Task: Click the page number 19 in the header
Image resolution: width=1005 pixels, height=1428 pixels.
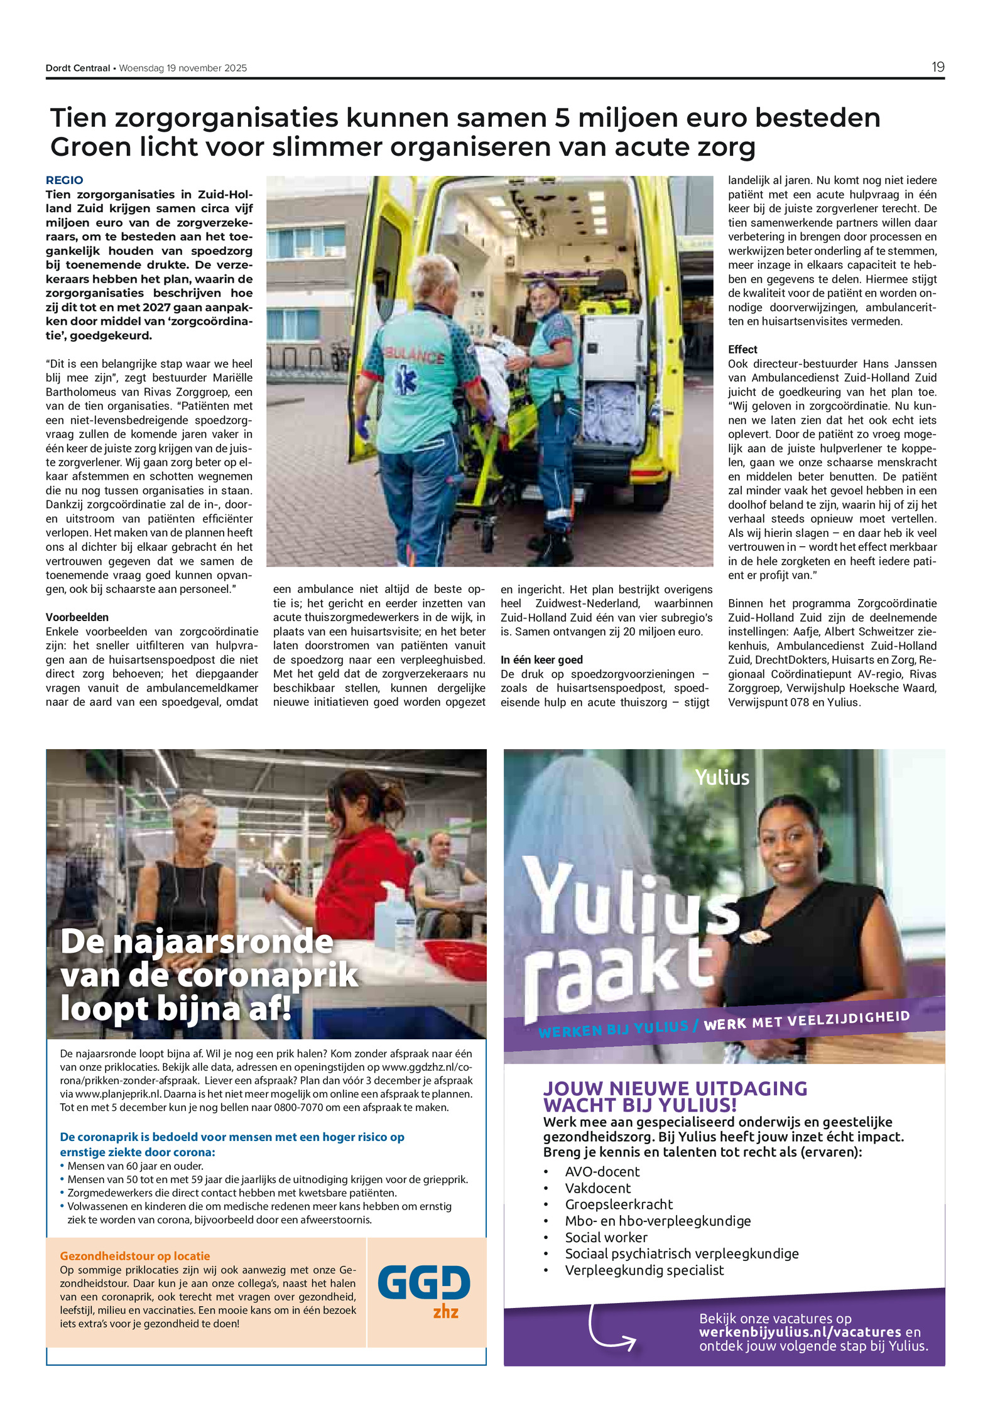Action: (x=937, y=67)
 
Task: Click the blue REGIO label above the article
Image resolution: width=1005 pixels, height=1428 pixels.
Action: (x=64, y=180)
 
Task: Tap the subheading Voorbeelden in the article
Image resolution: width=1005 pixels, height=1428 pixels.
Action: (x=77, y=617)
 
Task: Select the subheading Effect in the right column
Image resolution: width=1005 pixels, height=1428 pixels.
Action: (x=742, y=349)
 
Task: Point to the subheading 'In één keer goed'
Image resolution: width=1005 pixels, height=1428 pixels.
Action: (x=541, y=659)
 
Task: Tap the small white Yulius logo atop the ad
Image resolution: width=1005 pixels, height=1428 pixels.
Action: (x=722, y=777)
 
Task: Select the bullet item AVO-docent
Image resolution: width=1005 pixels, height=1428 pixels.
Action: (x=602, y=1171)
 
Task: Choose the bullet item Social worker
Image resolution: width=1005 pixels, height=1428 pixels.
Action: (x=606, y=1237)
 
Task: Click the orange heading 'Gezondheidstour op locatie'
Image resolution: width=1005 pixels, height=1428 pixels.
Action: (x=135, y=1255)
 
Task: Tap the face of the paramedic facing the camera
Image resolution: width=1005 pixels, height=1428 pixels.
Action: (x=541, y=299)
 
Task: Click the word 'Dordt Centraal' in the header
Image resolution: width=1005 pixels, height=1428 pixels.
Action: (x=78, y=68)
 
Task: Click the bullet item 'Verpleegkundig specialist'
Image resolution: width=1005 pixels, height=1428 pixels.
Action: (x=644, y=1270)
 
